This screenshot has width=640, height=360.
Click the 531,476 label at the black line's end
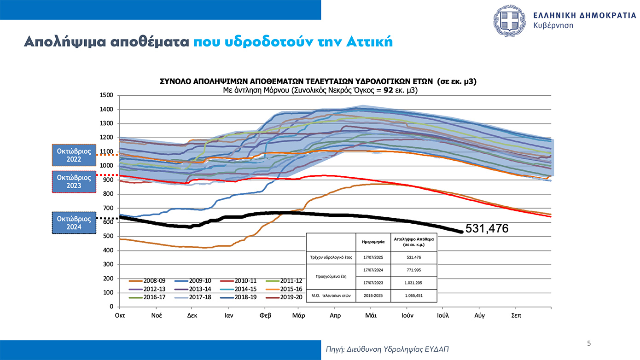pos(487,228)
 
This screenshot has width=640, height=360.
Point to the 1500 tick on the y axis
pos(106,95)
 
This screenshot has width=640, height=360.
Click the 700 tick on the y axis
pos(108,208)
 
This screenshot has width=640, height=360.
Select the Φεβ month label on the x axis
pos(266,316)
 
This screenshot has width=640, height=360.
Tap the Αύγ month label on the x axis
pos(479,316)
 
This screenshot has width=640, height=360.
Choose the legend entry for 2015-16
pos(291,289)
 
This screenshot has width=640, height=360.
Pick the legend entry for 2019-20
pos(291,297)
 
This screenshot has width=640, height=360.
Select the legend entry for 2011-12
pos(291,281)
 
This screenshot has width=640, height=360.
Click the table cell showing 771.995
pos(414,270)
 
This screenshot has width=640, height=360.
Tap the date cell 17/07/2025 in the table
pos(373,257)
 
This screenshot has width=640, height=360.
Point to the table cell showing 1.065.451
pos(414,296)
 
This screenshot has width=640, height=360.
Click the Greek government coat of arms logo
pos(509,21)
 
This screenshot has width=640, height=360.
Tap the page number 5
pos(588,343)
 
